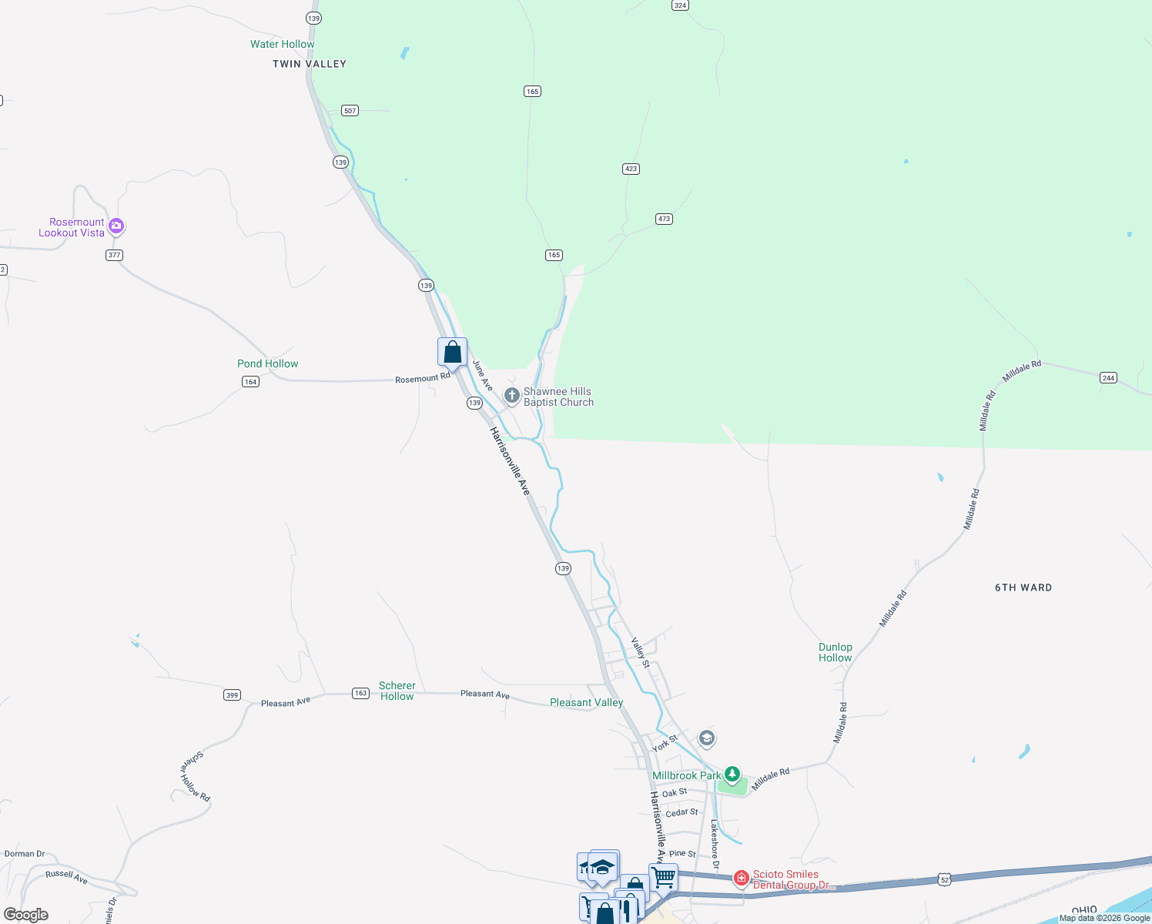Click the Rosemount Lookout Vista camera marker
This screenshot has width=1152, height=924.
pyautogui.click(x=116, y=226)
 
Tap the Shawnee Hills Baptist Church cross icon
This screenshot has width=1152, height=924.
pyautogui.click(x=511, y=396)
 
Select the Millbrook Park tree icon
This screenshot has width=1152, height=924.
pyautogui.click(x=732, y=774)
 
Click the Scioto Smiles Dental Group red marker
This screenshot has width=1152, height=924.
pyautogui.click(x=741, y=878)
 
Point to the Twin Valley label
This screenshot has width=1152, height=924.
pyautogui.click(x=310, y=64)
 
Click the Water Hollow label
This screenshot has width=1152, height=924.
pyautogui.click(x=282, y=44)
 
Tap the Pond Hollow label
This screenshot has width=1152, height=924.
pyautogui.click(x=267, y=363)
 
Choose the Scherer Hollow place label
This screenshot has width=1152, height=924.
pyautogui.click(x=397, y=691)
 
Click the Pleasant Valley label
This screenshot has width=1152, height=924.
pyautogui.click(x=586, y=702)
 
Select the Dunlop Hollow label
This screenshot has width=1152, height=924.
pyautogui.click(x=835, y=652)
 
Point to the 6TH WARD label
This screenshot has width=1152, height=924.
pyautogui.click(x=1023, y=588)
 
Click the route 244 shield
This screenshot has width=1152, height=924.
pyautogui.click(x=1108, y=377)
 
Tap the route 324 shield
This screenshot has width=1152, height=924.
pyautogui.click(x=679, y=5)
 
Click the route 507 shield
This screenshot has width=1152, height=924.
pyautogui.click(x=350, y=111)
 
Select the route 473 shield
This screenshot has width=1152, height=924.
pyautogui.click(x=664, y=219)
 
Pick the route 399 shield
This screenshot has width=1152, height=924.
pyautogui.click(x=232, y=695)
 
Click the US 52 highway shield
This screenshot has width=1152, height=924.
pyautogui.click(x=945, y=879)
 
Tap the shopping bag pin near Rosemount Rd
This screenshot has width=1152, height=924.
pyautogui.click(x=453, y=353)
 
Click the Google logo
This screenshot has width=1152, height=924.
pyautogui.click(x=26, y=915)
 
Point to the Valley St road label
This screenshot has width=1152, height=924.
pyautogui.click(x=641, y=652)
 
